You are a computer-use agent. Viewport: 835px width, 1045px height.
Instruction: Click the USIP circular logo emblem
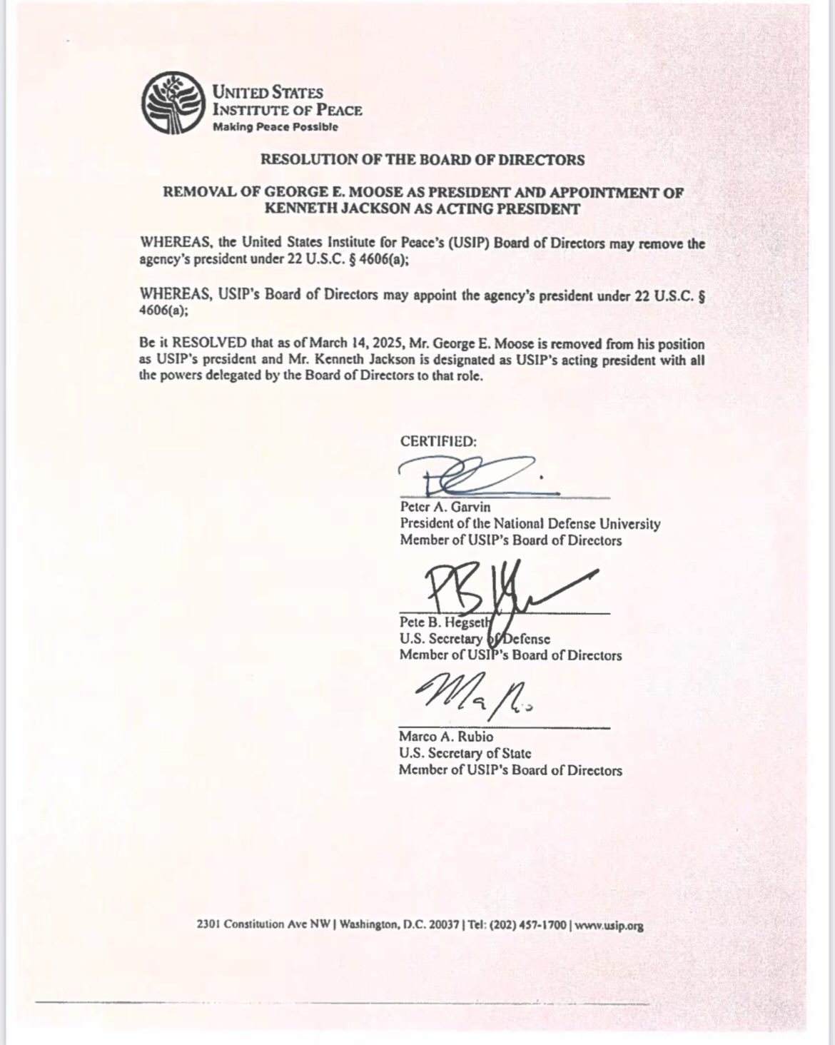pyautogui.click(x=171, y=104)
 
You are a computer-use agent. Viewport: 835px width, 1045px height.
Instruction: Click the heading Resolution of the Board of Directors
pyautogui.click(x=422, y=160)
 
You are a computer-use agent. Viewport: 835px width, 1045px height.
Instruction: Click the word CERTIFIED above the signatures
pyautogui.click(x=437, y=441)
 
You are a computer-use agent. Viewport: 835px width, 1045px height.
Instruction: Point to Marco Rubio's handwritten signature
pyautogui.click(x=471, y=695)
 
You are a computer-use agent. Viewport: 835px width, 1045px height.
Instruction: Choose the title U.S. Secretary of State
pyautogui.click(x=465, y=753)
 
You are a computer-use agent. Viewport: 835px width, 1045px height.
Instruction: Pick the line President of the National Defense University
pyautogui.click(x=530, y=524)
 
